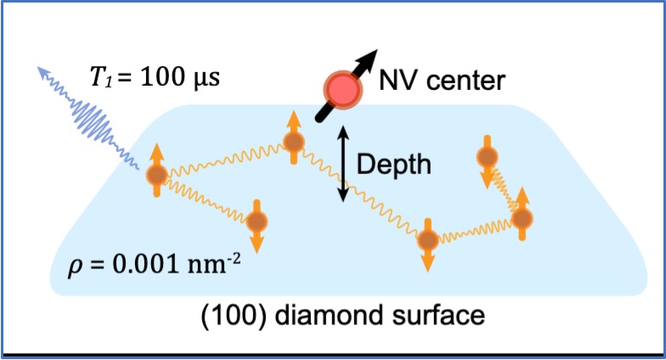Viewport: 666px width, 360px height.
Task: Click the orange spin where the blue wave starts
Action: (156, 175)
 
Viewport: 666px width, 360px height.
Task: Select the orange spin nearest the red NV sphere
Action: (293, 141)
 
